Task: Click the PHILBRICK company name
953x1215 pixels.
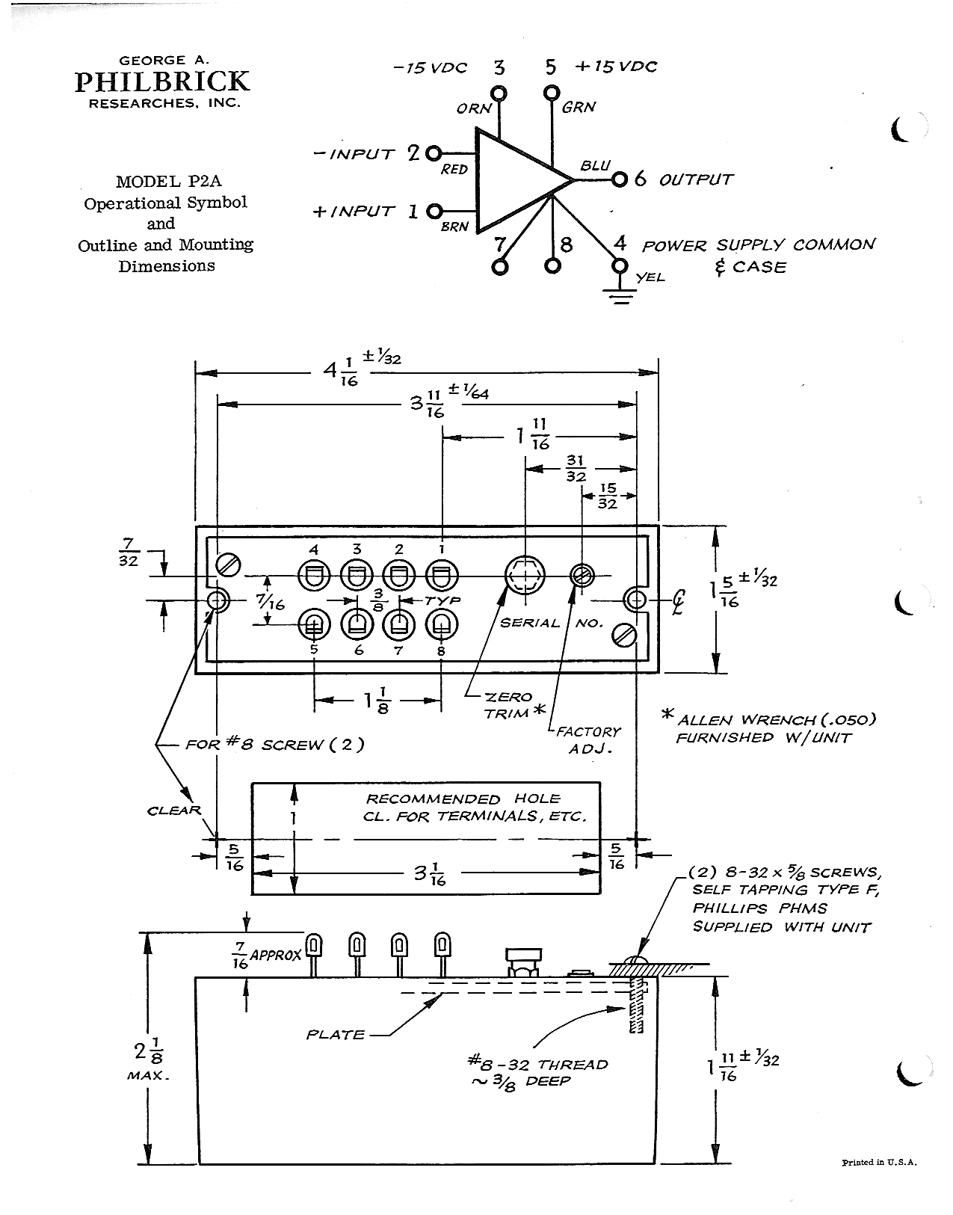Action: [162, 81]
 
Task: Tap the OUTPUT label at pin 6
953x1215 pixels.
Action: [695, 179]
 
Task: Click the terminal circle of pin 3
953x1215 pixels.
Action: [499, 93]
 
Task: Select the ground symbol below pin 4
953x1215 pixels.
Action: [620, 296]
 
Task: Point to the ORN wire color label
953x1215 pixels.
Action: [473, 108]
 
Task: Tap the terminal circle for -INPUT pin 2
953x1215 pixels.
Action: [434, 153]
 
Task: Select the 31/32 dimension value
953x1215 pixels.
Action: [576, 468]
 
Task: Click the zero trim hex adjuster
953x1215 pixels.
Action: [524, 576]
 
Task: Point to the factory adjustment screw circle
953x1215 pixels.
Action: [582, 576]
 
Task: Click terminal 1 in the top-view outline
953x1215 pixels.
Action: [442, 576]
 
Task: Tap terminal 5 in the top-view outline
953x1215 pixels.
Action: [314, 624]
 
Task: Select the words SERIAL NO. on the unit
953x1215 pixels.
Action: [551, 623]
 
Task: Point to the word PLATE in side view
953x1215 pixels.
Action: [336, 1034]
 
